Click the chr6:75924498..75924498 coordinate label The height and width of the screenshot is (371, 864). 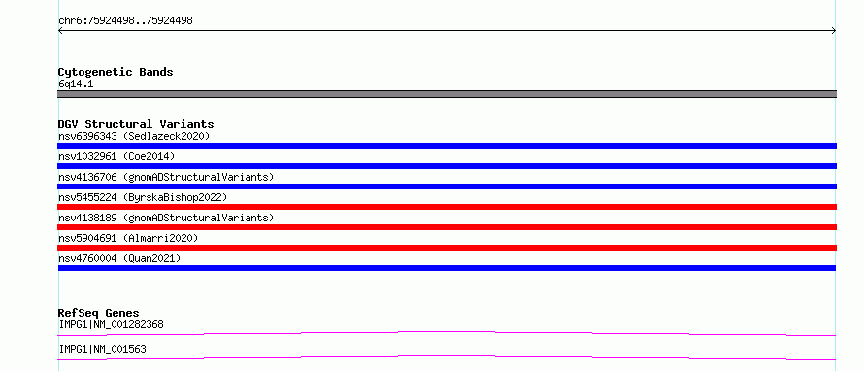click(125, 21)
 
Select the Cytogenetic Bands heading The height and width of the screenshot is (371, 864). click(116, 72)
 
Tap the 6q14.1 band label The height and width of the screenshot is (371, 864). click(76, 84)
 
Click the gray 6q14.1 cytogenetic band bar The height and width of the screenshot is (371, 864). click(447, 94)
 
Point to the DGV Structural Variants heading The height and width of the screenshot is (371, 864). click(136, 124)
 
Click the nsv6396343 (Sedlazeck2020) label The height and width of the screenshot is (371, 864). click(134, 136)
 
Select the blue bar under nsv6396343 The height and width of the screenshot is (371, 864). click(447, 146)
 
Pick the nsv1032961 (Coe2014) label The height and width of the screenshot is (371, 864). click(116, 156)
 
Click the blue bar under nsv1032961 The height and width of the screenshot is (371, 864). click(447, 166)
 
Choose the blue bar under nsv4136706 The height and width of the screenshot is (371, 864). click(447, 186)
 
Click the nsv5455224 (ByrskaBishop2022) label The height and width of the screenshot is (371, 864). click(143, 197)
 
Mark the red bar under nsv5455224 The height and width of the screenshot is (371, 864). click(447, 207)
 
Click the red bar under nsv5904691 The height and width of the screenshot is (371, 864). click(447, 248)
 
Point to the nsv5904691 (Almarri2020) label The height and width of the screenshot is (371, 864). click(128, 238)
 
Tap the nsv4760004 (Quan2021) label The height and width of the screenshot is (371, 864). click(119, 258)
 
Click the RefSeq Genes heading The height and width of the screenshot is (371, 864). click(99, 313)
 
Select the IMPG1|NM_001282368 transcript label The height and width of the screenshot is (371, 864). click(112, 324)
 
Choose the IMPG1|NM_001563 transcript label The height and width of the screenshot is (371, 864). click(103, 349)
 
